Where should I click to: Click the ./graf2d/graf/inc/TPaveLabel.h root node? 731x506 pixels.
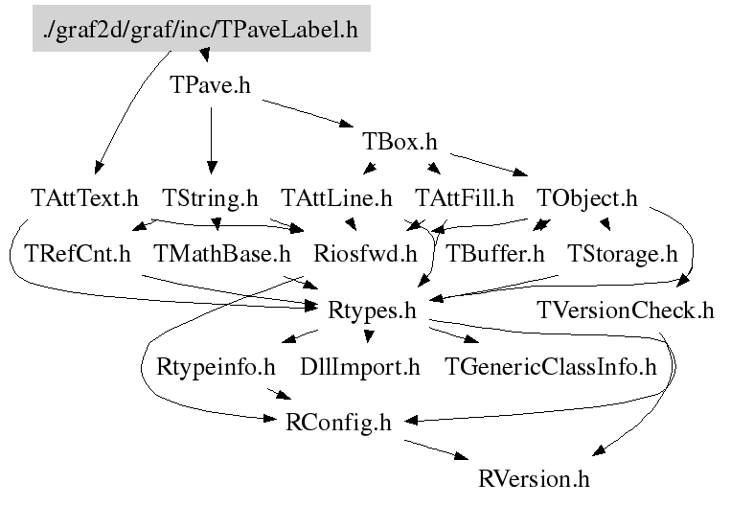coord(200,30)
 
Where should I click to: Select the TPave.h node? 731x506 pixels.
coord(211,85)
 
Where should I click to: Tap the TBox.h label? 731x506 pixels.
coord(400,142)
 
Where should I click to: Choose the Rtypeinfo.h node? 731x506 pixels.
coord(216,366)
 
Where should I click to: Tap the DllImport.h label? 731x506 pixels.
coord(360,366)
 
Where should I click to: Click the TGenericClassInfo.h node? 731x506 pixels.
coord(551,366)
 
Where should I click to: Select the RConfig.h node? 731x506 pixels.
coord(339,421)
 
